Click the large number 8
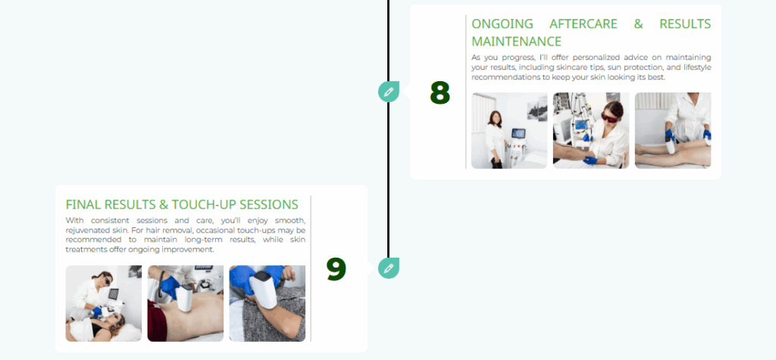pyautogui.click(x=440, y=92)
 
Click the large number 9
pyautogui.click(x=336, y=269)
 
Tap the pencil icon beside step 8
pyautogui.click(x=389, y=92)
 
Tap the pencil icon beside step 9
pyautogui.click(x=389, y=268)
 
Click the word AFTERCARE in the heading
pyautogui.click(x=583, y=23)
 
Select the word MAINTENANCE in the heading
pyautogui.click(x=516, y=41)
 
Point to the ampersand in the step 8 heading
pyautogui.click(x=638, y=23)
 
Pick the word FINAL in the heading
pyautogui.click(x=82, y=205)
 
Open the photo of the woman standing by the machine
pyautogui.click(x=509, y=130)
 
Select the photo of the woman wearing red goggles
pyautogui.click(x=591, y=130)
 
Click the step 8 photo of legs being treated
pyautogui.click(x=673, y=130)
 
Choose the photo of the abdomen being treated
pyautogui.click(x=186, y=304)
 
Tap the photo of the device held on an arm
pyautogui.click(x=268, y=304)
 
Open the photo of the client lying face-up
pyautogui.click(x=103, y=304)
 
